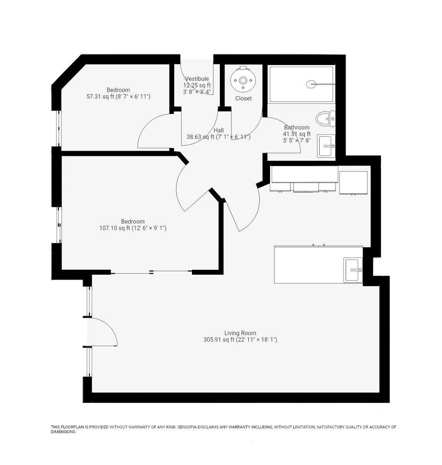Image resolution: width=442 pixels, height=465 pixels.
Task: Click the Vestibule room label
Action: tap(197, 79)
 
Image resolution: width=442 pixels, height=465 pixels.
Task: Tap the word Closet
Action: tap(243, 98)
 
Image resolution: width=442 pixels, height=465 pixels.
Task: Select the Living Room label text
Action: tap(240, 333)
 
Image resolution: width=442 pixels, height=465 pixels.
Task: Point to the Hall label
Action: tap(219, 130)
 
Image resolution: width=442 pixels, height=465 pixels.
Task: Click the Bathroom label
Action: tap(297, 127)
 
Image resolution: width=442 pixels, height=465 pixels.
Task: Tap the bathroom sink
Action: tap(326, 146)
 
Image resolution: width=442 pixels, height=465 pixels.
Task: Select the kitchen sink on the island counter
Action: tap(353, 270)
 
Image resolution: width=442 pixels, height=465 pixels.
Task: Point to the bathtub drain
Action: tap(311, 84)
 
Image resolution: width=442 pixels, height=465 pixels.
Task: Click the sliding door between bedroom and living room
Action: tap(151, 272)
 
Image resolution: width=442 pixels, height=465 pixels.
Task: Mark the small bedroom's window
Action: tap(58, 128)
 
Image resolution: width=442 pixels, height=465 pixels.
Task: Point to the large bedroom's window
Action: tap(59, 225)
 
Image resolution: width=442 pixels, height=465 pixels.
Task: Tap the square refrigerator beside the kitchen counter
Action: tap(353, 183)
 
